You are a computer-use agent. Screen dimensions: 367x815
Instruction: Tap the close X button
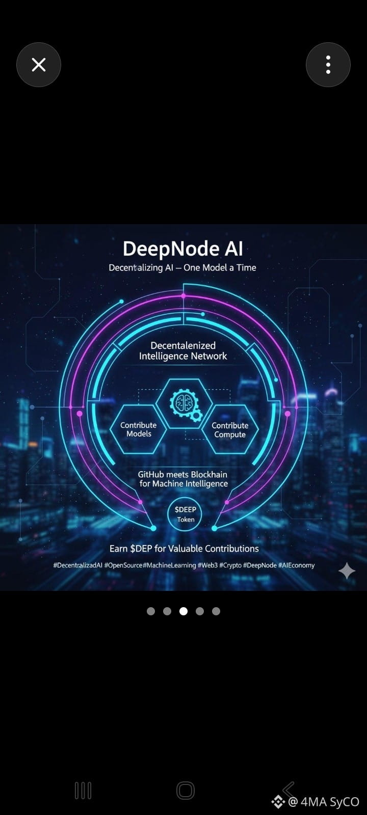pyautogui.click(x=39, y=65)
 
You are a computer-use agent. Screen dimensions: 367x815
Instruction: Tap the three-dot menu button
pyautogui.click(x=328, y=65)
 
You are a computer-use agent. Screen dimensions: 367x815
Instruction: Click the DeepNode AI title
pyautogui.click(x=183, y=249)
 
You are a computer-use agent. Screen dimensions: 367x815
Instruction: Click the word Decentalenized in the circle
pyautogui.click(x=183, y=345)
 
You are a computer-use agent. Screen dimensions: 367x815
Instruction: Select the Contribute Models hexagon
pyautogui.click(x=138, y=429)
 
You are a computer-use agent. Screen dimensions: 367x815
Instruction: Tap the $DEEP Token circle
pyautogui.click(x=185, y=514)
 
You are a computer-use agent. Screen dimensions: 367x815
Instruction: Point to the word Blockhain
pyautogui.click(x=209, y=474)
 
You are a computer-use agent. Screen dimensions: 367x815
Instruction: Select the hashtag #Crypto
pyautogui.click(x=230, y=565)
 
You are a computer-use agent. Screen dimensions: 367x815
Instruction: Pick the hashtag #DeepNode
pyautogui.click(x=259, y=565)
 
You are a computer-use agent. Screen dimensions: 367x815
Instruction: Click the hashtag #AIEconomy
pyautogui.click(x=296, y=565)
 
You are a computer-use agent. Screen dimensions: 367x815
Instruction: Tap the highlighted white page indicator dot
pyautogui.click(x=183, y=611)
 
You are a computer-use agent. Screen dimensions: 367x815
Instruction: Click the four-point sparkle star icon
pyautogui.click(x=347, y=571)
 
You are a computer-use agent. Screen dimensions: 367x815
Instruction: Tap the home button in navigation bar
pyautogui.click(x=186, y=790)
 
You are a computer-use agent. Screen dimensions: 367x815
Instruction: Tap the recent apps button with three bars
pyautogui.click(x=83, y=790)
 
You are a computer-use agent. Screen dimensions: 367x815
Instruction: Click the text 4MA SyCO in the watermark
pyautogui.click(x=330, y=802)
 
